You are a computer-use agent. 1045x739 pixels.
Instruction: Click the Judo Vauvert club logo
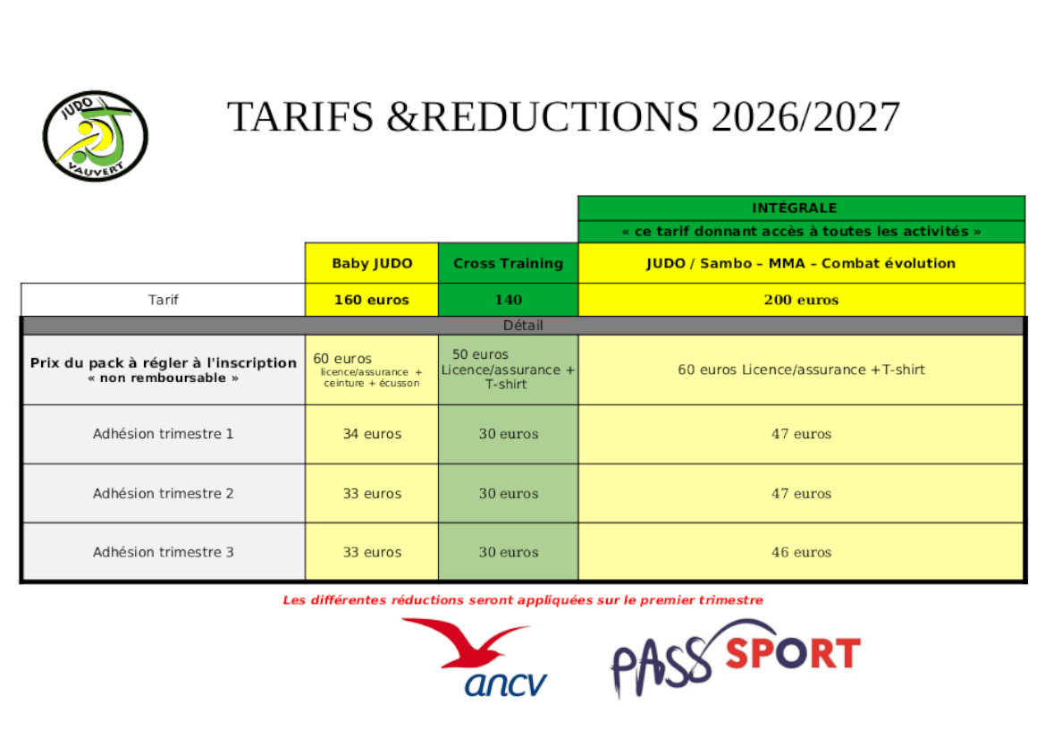tap(96, 136)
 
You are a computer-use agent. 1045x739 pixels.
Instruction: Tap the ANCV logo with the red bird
tap(475, 658)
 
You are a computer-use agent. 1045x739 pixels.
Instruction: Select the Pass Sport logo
tap(736, 658)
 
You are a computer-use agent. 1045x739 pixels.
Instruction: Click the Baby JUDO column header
tap(372, 263)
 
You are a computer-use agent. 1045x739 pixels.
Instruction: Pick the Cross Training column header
tap(508, 263)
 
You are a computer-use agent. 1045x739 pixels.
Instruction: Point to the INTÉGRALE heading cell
tap(801, 208)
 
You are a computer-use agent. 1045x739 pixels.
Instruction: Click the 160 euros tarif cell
tap(372, 300)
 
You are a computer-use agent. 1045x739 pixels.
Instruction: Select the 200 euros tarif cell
tap(801, 300)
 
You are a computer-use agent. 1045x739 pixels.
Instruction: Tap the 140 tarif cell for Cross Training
tap(508, 300)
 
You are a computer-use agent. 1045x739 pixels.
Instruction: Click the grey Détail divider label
tap(523, 326)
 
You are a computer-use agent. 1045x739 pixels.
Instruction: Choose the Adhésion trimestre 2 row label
tap(164, 494)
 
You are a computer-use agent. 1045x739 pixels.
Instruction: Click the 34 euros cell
tap(372, 434)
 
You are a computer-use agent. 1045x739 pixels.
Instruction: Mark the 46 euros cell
tap(801, 552)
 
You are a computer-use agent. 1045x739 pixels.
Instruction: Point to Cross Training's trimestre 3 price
tap(508, 552)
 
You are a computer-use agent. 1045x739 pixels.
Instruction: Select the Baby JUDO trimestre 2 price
tap(372, 494)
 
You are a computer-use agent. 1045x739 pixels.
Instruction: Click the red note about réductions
tap(523, 600)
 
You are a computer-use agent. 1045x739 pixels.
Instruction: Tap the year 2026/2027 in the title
tap(805, 117)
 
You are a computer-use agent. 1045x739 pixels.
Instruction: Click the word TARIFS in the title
tap(300, 117)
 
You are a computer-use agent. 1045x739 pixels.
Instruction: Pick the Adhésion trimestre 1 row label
tap(164, 434)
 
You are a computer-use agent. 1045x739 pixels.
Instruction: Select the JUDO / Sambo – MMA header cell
tap(801, 263)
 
